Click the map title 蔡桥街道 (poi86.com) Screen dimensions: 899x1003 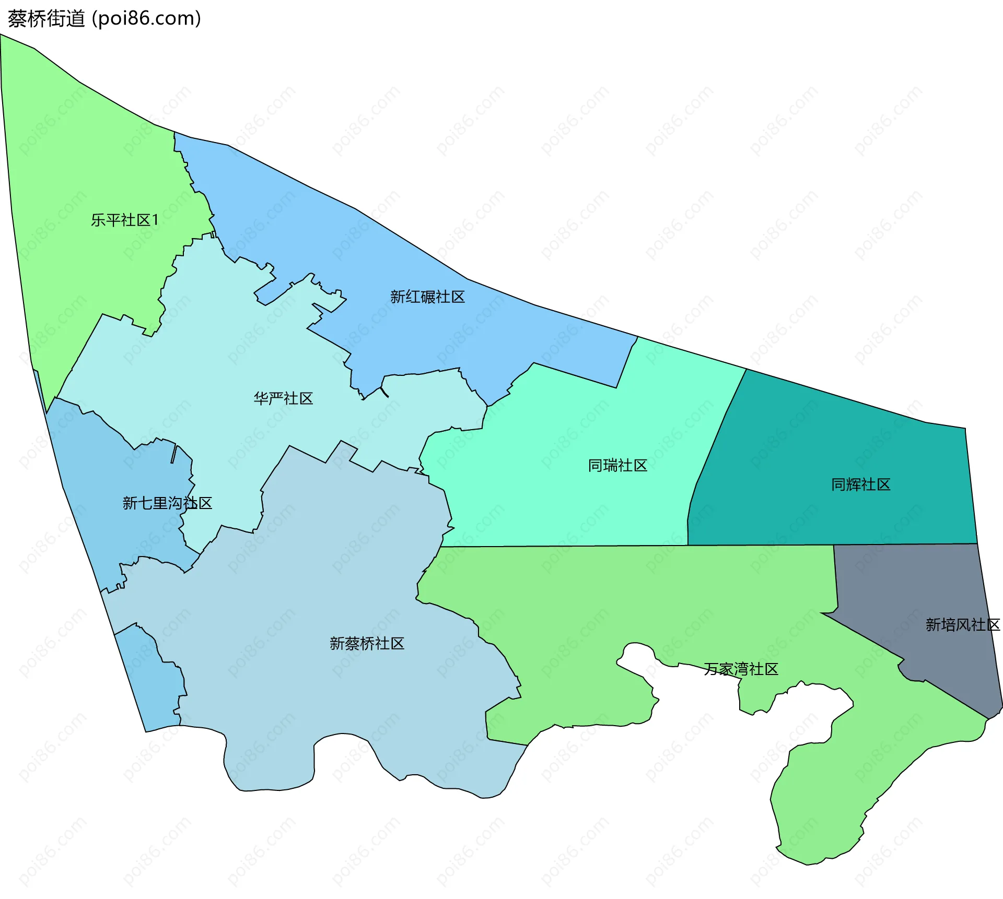(104, 19)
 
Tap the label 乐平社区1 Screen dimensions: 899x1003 (124, 220)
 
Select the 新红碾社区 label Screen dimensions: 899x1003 (427, 297)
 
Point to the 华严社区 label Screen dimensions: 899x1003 (283, 399)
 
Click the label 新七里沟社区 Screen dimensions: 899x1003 (167, 503)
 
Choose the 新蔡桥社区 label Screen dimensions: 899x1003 (367, 644)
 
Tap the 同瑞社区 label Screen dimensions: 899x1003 (617, 466)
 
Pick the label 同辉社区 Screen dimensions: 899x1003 (860, 485)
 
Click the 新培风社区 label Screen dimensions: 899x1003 (962, 625)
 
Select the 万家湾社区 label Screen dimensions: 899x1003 (741, 669)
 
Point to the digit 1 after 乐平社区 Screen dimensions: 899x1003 (155, 220)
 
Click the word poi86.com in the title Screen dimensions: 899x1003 (146, 19)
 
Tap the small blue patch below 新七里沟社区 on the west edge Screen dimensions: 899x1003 (151, 684)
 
